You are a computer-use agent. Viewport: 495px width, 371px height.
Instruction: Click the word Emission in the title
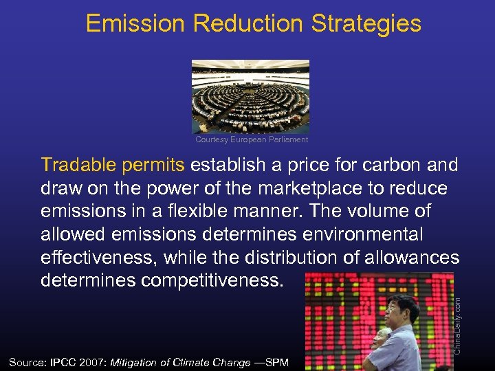click(135, 24)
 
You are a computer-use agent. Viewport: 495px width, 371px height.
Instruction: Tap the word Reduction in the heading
click(248, 24)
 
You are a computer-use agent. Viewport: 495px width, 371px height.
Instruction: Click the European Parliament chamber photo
click(250, 95)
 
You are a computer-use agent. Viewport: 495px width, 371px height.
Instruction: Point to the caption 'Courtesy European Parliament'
click(252, 139)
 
